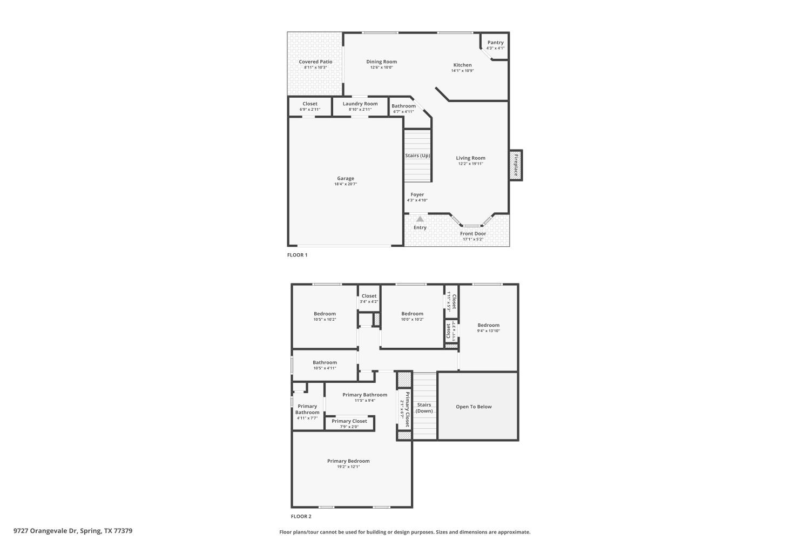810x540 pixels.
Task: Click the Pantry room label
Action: tap(495, 43)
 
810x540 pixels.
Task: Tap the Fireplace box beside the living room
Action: tap(515, 165)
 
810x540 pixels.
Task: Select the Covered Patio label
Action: tap(315, 62)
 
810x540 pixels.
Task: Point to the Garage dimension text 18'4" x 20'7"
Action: tap(346, 184)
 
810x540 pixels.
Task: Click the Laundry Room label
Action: tap(360, 104)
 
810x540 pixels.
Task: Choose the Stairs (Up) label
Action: tap(417, 156)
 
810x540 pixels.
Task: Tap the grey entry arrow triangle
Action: tap(420, 219)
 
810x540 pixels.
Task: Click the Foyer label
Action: tap(417, 194)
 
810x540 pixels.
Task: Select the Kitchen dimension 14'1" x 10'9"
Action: tap(462, 71)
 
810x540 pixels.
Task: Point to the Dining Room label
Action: tap(381, 62)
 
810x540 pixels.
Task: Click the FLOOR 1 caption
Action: tap(297, 255)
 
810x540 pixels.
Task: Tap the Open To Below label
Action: tap(474, 407)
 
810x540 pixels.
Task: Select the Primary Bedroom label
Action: tap(348, 461)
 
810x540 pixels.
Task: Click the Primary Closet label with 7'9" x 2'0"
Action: tap(349, 421)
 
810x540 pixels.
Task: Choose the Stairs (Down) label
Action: tap(424, 408)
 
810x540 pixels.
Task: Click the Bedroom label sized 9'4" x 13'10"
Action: tap(488, 325)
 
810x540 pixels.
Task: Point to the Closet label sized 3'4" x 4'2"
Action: tap(369, 296)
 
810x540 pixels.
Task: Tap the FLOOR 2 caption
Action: tap(301, 516)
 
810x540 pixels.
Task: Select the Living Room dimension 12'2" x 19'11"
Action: tap(470, 164)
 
